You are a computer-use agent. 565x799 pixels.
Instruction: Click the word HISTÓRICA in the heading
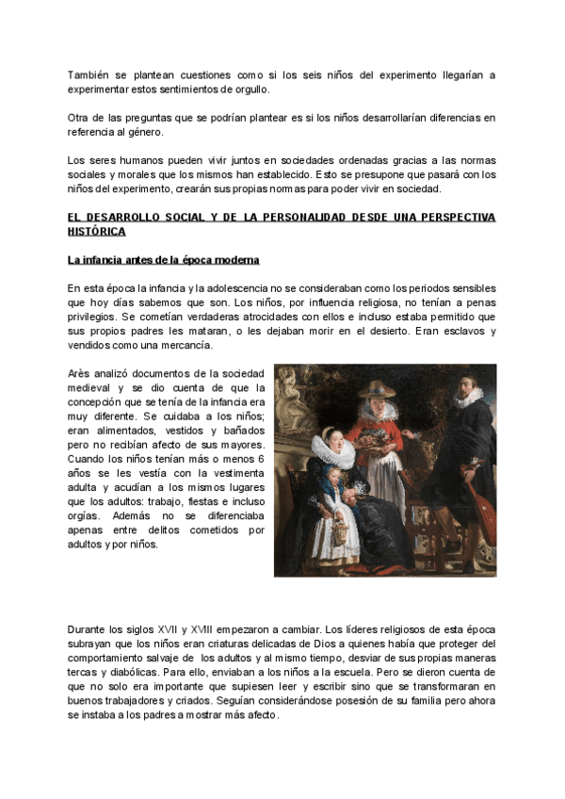[96, 232]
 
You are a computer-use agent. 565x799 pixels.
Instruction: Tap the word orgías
[86, 516]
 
